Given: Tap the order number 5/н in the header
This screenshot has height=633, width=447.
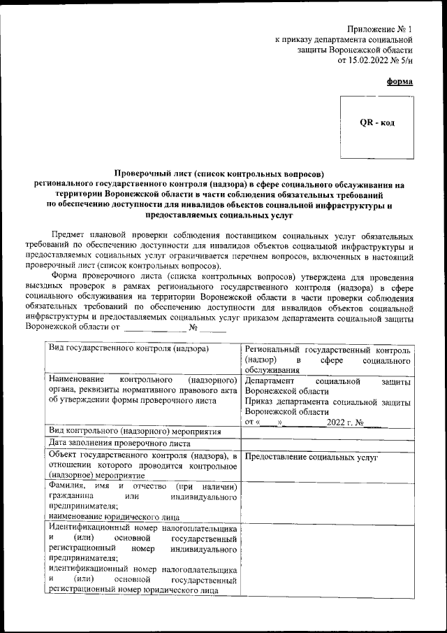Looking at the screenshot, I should point(405,61).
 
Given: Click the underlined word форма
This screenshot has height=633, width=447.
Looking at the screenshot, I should point(400,82).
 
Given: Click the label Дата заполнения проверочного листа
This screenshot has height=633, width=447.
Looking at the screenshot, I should point(119,443).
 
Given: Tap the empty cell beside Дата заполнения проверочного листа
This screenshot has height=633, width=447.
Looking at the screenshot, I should point(327,443).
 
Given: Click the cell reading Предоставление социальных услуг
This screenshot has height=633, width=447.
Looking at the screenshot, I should point(311,457).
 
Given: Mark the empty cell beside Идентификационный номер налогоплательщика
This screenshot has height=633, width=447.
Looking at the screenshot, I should point(327,558).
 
